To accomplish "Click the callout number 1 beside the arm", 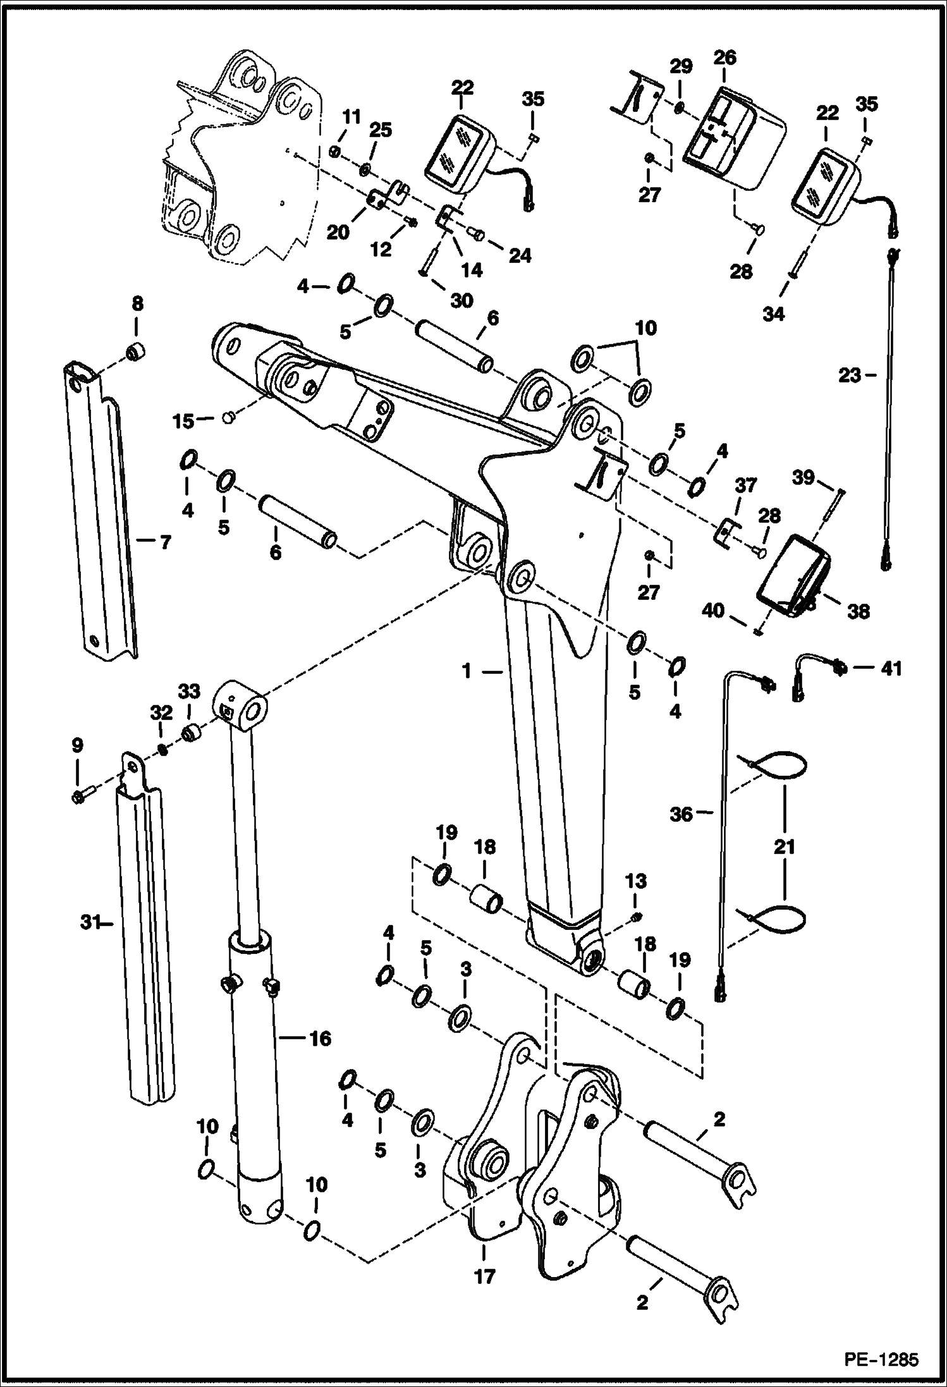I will click(x=467, y=672).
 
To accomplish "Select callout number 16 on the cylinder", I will click(x=320, y=1039).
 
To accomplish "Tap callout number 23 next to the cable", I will click(x=849, y=376).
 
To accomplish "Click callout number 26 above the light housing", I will click(x=725, y=58).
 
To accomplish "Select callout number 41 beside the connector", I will click(x=891, y=668).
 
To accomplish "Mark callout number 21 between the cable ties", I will click(x=785, y=846).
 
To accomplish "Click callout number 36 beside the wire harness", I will click(x=681, y=815).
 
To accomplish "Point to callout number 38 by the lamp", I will click(x=858, y=611).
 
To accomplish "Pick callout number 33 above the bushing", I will click(x=188, y=692).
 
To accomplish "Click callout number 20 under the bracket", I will click(x=338, y=233).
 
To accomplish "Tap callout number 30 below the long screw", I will click(x=461, y=300).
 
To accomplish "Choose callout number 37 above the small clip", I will click(x=746, y=486).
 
